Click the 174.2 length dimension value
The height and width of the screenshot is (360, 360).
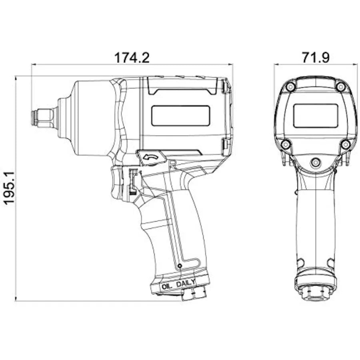132,58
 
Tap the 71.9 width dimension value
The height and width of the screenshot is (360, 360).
316,58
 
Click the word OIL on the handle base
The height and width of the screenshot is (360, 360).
167,286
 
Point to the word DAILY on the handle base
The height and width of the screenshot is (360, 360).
186,283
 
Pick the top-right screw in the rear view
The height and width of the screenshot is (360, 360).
341,87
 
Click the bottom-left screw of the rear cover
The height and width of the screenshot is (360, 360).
285,144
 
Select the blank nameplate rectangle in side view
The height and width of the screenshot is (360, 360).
180,116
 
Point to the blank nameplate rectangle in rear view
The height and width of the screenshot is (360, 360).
316,116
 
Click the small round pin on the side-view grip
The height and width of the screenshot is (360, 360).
180,266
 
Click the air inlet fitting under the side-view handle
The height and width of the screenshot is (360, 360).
194,294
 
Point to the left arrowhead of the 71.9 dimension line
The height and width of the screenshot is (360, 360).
277,64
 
